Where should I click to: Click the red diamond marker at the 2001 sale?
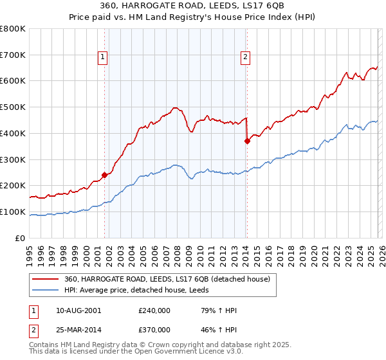[x=104, y=174]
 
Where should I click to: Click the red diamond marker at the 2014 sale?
[x=247, y=141]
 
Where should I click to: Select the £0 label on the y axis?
[x=21, y=238]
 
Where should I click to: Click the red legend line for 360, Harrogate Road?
[x=46, y=279]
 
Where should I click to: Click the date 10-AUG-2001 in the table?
[x=78, y=310]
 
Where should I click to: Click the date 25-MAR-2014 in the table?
[x=78, y=330]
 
